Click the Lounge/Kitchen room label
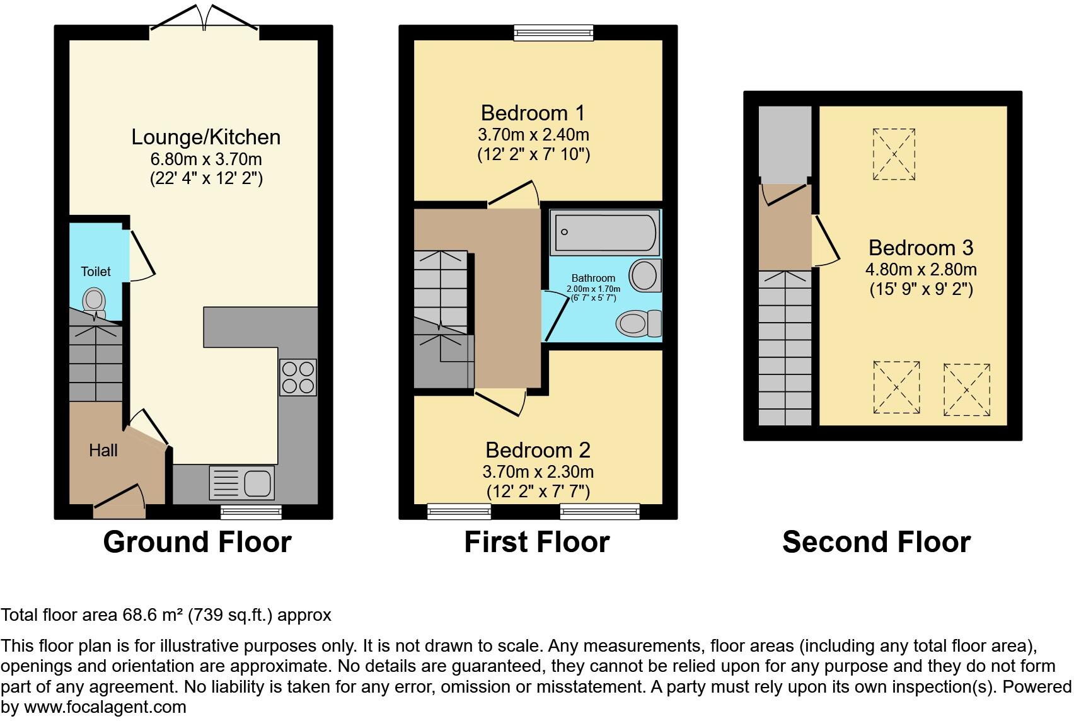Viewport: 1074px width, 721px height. click(x=205, y=137)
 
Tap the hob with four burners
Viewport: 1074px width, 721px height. click(x=297, y=377)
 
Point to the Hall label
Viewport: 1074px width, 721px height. click(x=103, y=450)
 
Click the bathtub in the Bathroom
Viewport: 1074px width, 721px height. click(x=604, y=232)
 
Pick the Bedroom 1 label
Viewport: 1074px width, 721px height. click(x=533, y=113)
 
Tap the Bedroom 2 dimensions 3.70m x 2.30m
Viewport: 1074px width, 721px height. click(x=538, y=471)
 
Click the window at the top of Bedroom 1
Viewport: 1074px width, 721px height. click(x=553, y=32)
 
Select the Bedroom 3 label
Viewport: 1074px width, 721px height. click(x=920, y=248)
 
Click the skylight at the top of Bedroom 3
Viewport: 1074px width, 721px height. click(x=894, y=154)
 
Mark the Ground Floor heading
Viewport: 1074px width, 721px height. click(x=197, y=542)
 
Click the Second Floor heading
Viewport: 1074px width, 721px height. click(x=876, y=542)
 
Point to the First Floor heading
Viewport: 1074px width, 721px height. click(x=537, y=542)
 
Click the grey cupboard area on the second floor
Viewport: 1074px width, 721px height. click(x=784, y=144)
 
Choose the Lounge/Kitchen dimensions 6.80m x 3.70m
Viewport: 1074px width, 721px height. click(x=205, y=159)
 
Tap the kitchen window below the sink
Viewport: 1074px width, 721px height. click(x=251, y=512)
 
